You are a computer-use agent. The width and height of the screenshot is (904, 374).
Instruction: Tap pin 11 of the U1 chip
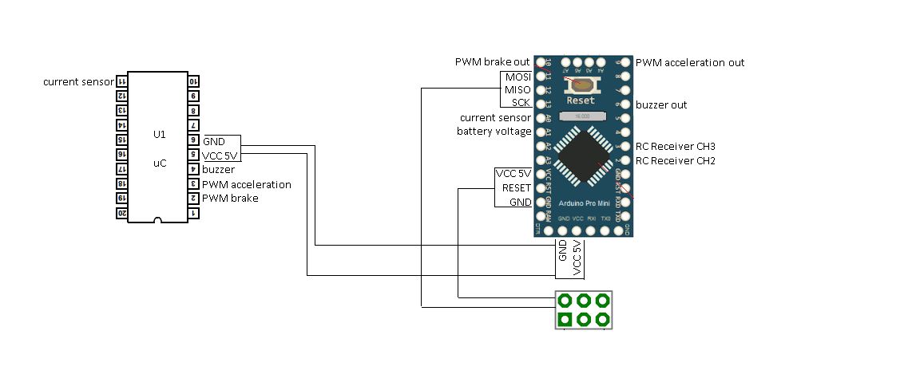click(122, 81)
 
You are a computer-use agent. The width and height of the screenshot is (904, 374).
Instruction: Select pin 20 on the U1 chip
click(122, 214)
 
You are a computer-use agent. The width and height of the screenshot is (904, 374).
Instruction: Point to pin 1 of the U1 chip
click(194, 214)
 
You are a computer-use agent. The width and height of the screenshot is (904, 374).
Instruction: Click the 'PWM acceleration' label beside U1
click(246, 184)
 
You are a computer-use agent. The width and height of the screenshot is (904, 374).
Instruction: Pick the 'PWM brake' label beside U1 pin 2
click(230, 199)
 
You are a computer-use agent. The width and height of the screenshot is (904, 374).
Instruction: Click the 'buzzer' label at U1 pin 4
click(218, 170)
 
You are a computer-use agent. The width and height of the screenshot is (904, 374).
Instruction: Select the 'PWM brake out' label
click(492, 62)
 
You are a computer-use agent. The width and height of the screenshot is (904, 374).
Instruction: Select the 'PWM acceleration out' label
click(690, 62)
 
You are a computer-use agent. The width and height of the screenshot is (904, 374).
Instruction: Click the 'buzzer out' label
click(661, 104)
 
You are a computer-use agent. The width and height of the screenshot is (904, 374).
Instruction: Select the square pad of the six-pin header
click(565, 320)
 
